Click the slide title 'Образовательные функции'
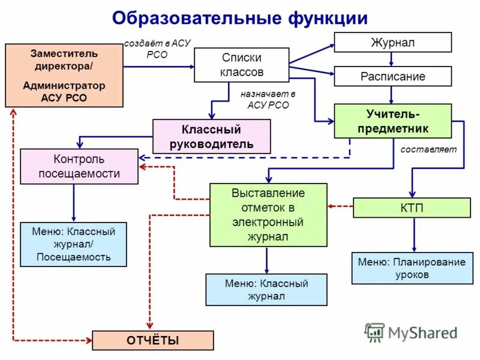[239, 18]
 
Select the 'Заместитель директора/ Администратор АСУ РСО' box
[64, 76]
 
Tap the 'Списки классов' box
[242, 65]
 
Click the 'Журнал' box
[392, 43]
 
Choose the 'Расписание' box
[392, 77]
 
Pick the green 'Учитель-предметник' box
[392, 121]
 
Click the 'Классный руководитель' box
[211, 136]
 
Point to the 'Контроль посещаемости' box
[79, 167]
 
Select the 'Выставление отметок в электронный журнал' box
[268, 215]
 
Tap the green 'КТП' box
[412, 208]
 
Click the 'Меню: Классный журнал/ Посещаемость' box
[74, 244]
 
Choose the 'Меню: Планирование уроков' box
[412, 268]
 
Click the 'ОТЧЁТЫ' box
[152, 341]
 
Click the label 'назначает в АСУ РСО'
[268, 99]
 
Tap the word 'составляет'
[428, 149]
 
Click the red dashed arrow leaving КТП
[340, 207]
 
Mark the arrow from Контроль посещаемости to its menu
[74, 203]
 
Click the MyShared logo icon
[374, 332]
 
